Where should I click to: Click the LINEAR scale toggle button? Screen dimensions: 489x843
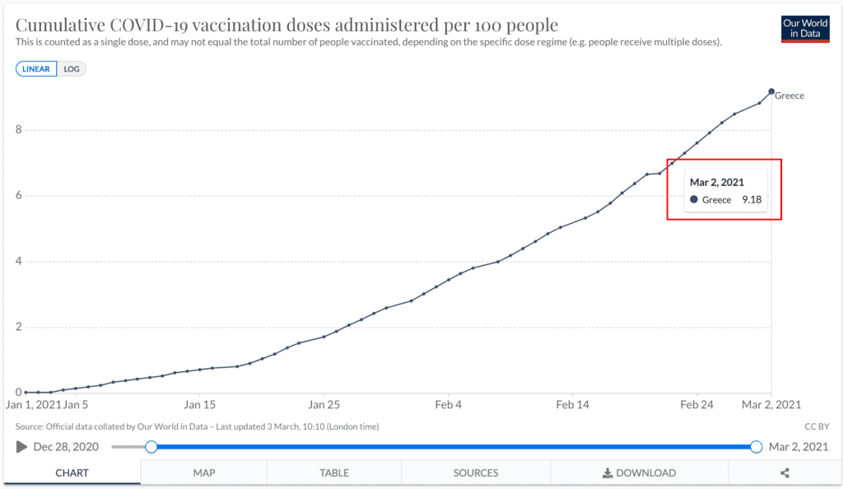tap(36, 69)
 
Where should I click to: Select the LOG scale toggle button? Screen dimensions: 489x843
tap(72, 69)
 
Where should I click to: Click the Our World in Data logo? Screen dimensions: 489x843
tap(805, 28)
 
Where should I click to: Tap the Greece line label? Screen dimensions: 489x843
tap(789, 95)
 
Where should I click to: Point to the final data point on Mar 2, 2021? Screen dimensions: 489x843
tap(771, 91)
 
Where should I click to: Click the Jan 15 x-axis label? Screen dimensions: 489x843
tap(200, 405)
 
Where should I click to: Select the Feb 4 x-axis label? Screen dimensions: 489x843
tap(449, 405)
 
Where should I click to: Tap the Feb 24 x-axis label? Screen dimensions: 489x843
tap(696, 405)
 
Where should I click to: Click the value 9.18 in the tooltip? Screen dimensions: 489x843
tap(752, 200)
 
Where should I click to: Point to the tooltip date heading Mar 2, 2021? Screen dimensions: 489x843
tap(717, 183)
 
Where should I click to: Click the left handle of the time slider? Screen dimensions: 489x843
tap(151, 446)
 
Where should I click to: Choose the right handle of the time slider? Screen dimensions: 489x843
tap(757, 446)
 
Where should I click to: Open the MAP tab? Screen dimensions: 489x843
tap(203, 473)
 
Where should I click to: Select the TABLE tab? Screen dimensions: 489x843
tap(334, 473)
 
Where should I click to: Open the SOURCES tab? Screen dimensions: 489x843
tap(476, 473)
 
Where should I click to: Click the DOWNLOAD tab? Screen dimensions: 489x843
tap(639, 473)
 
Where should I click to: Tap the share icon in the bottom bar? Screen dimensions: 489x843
tap(785, 473)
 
